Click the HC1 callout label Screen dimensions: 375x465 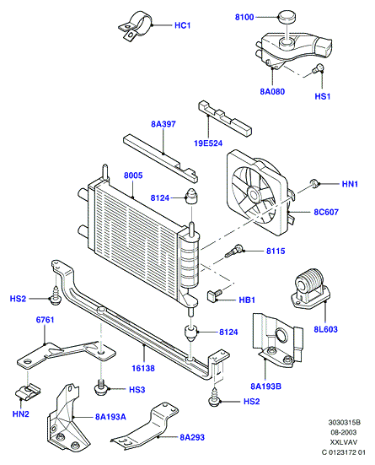pos(182,25)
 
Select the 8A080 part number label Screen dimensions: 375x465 pos(272,91)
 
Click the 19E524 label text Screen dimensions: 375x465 pos(208,143)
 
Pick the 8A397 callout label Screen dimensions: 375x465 pos(163,124)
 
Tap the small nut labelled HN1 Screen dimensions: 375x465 pos(314,183)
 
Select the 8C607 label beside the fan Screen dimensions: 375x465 pos(326,212)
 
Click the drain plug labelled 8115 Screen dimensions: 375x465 pos(234,251)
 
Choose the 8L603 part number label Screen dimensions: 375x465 pos(325,329)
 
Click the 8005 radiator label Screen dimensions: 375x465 pos(133,176)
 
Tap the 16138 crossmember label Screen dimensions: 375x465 pos(143,368)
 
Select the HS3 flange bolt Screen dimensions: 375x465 pos(101,387)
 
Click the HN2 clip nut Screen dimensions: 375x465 pos(28,392)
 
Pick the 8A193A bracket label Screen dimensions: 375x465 pos(110,417)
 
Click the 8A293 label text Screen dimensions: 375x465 pos(192,437)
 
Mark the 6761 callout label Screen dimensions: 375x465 pos(45,320)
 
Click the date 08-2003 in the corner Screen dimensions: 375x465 pos(344,432)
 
